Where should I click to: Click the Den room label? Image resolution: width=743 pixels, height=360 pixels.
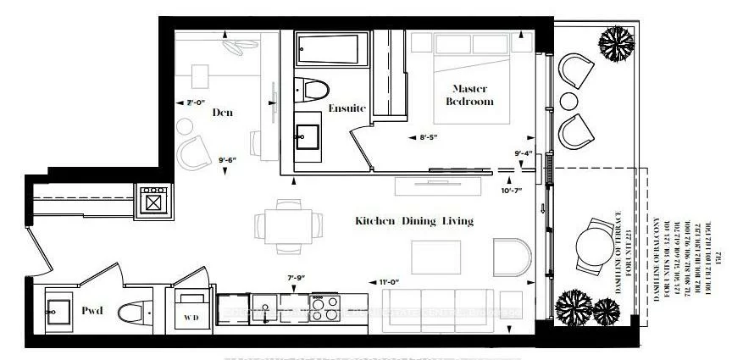223,113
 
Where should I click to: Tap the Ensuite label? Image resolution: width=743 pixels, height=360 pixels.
347,108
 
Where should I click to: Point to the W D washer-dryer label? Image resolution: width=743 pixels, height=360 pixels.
193,319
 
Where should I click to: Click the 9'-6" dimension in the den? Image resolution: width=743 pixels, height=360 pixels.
227,158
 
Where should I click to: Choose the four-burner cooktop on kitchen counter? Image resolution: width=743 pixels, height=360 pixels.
324,310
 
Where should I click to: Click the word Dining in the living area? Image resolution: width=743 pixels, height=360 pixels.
416,221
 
